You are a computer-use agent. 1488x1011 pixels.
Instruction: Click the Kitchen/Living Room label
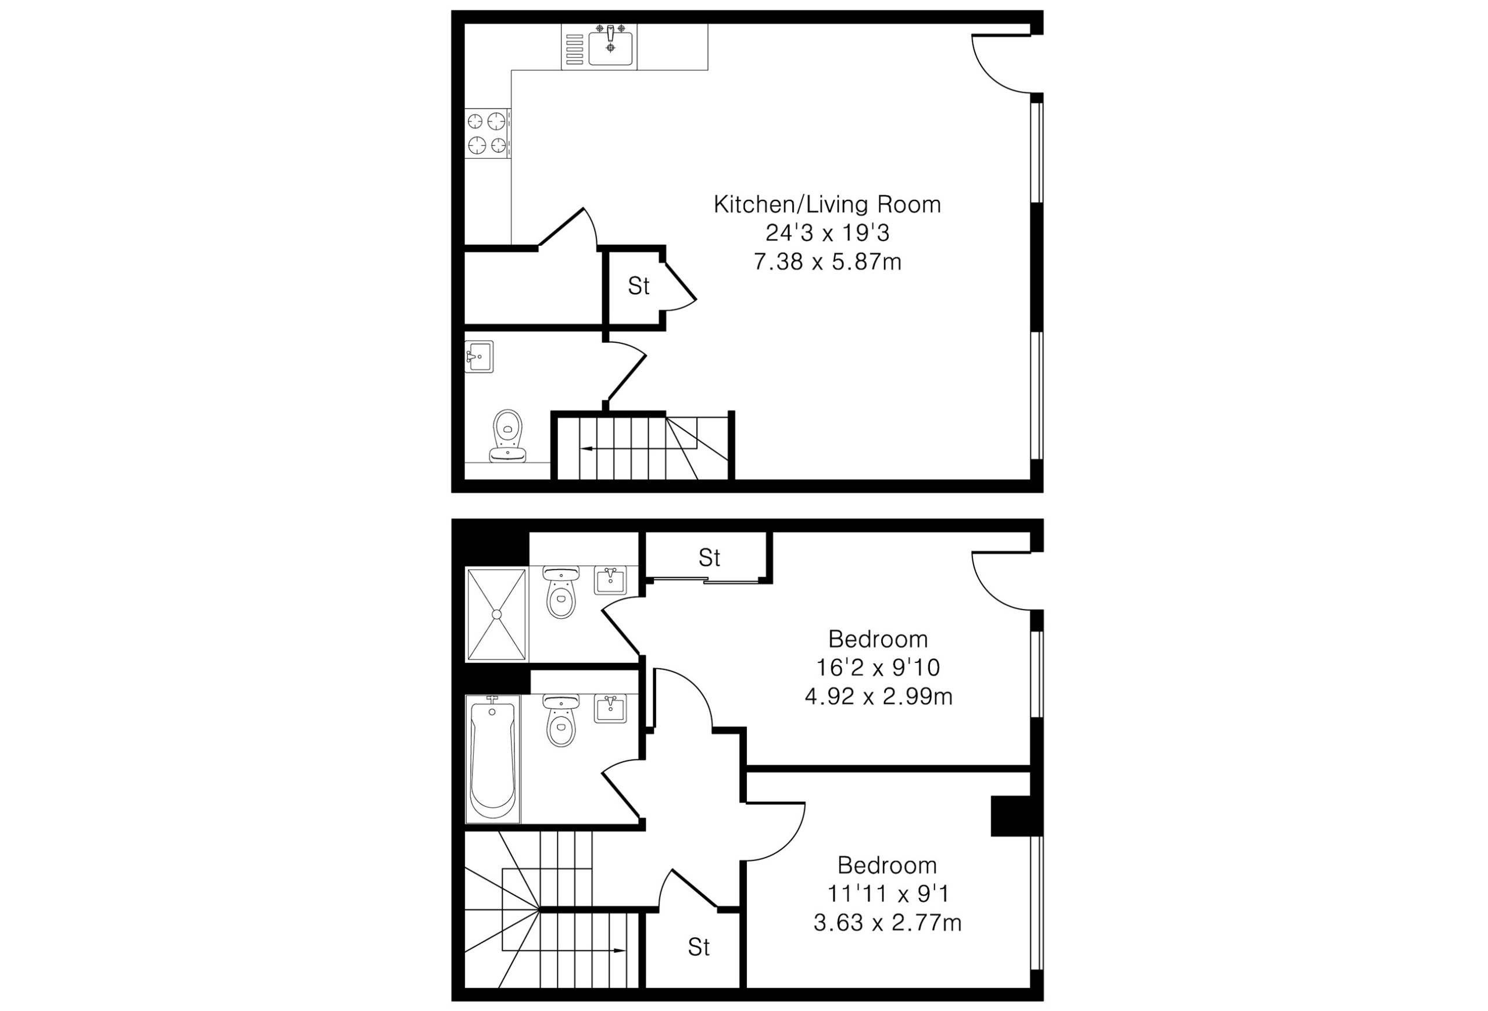pos(827,205)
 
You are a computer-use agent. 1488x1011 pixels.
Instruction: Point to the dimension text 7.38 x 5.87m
pos(827,263)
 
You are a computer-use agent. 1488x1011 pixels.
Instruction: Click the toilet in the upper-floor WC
pos(508,436)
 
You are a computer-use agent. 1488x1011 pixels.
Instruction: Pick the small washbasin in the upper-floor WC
pos(479,356)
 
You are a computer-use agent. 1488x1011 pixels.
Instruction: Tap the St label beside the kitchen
pos(638,286)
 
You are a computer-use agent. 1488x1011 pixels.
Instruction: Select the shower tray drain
pos(496,614)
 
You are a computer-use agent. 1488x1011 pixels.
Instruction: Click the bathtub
pos(492,759)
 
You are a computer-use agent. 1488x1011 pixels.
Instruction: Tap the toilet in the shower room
pos(561,592)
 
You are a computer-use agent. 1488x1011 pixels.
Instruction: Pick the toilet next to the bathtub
pos(561,720)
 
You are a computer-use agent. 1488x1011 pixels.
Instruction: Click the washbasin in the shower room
pos(610,580)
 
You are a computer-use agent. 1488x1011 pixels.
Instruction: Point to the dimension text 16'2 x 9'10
pos(878,668)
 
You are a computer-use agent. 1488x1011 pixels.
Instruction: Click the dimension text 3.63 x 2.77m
pos(888,923)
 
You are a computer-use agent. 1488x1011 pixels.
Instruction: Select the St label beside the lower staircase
pos(699,947)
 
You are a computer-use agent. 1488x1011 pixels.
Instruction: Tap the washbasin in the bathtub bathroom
pos(610,709)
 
